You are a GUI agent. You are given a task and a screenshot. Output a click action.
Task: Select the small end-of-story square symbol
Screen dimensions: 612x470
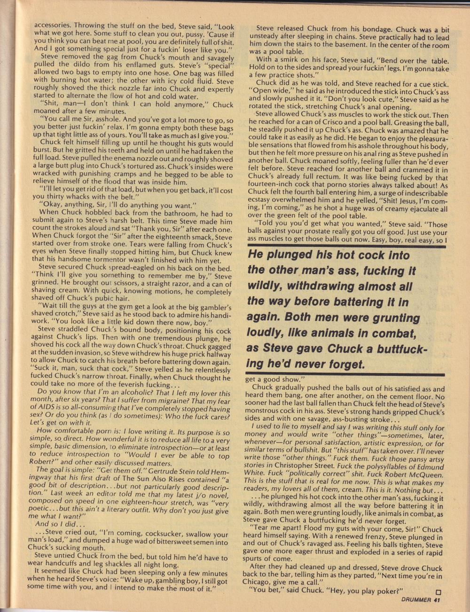coord(438,591)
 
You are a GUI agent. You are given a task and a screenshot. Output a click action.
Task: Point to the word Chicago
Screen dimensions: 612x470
coord(264,583)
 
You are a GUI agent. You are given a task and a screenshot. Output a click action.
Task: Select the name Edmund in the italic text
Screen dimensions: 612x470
coord(425,467)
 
